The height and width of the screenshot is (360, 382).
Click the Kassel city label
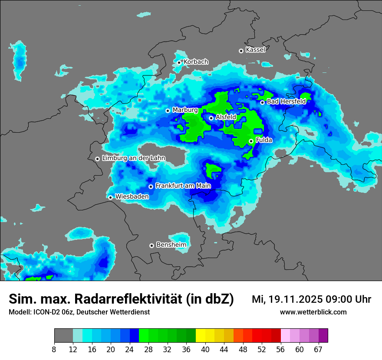[255, 50]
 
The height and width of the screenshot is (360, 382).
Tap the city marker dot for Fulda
[251, 141]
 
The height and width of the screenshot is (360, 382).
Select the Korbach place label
[196, 62]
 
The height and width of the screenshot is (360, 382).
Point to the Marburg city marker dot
[168, 111]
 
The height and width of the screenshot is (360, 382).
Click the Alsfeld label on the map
[226, 117]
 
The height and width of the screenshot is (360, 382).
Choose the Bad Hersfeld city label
[286, 101]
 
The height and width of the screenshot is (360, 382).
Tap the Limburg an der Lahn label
[133, 158]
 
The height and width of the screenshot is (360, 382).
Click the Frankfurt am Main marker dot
[151, 187]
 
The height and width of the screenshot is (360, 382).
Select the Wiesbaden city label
[132, 196]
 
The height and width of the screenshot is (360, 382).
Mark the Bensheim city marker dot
[151, 245]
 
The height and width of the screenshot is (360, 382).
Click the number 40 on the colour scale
[205, 350]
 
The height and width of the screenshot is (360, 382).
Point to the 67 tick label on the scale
[318, 350]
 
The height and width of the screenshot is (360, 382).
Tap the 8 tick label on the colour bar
[54, 350]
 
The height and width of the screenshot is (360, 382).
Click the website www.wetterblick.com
[313, 312]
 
